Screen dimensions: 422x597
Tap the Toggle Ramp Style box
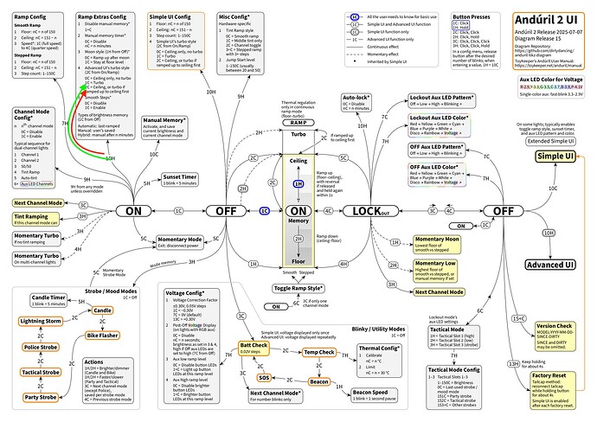[298, 287]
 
